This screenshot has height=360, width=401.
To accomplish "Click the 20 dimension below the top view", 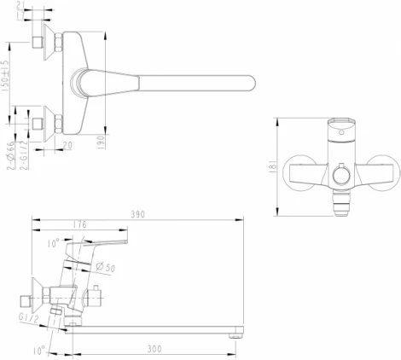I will tap(66, 146).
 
